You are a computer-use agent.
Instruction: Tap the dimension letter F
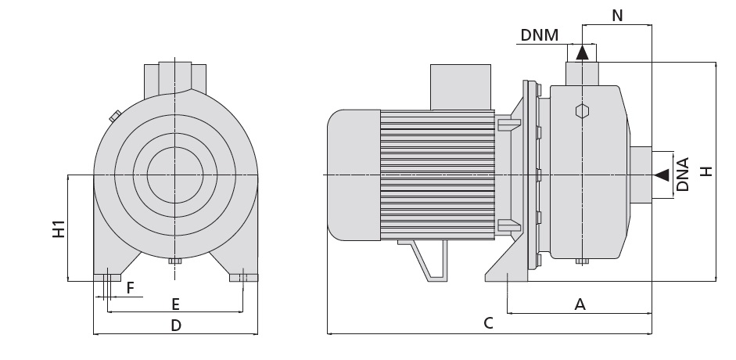(x=131, y=288)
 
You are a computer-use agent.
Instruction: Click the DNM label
(x=540, y=34)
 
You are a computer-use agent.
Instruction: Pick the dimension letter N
(x=617, y=15)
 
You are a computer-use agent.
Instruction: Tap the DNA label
(x=683, y=175)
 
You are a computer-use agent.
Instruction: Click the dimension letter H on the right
(x=706, y=171)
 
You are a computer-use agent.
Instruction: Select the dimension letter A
(x=580, y=304)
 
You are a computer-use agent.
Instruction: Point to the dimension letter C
(x=487, y=323)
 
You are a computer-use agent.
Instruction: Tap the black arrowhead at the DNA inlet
(x=662, y=174)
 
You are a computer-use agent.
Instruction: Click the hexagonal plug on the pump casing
(x=581, y=110)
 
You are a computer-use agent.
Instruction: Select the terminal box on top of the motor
(x=460, y=86)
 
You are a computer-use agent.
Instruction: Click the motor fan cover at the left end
(x=353, y=174)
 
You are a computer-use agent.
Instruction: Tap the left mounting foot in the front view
(x=106, y=276)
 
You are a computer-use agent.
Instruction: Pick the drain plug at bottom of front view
(x=174, y=261)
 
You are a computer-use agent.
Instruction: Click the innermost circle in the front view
(x=174, y=174)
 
